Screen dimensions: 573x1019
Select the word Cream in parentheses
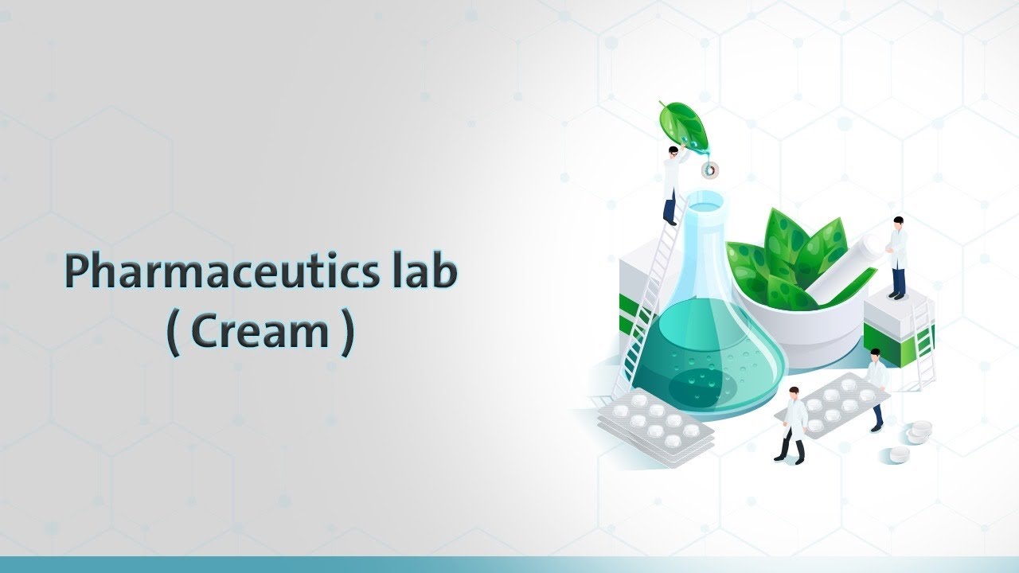[260, 333]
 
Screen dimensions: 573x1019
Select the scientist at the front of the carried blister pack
[794, 424]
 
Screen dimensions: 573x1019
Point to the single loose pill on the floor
[898, 454]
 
